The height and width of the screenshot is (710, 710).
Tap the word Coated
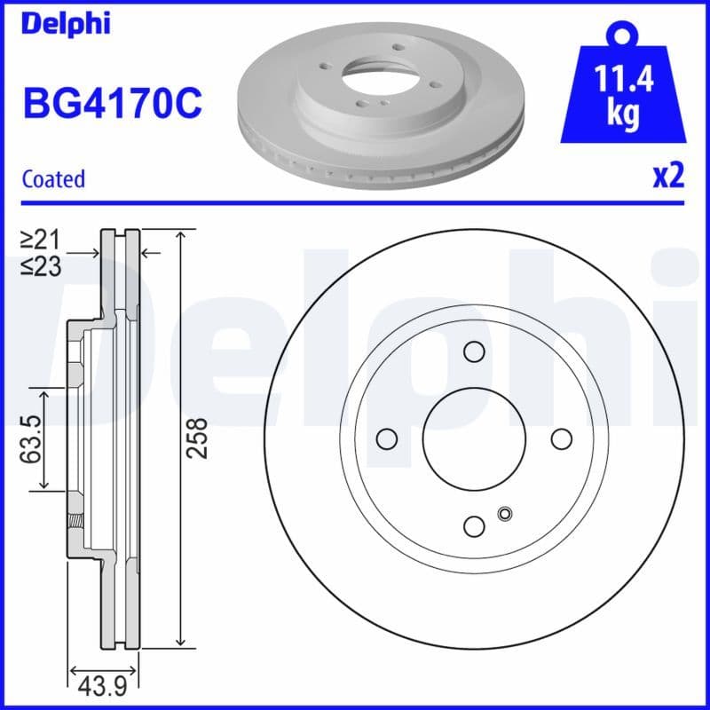53,178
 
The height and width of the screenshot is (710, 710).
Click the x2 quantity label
667,176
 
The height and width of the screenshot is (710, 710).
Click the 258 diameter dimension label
201,438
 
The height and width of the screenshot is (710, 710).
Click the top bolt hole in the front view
474,352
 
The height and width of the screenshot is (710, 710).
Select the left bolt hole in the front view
386,439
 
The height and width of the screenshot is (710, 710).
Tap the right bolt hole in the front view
561,439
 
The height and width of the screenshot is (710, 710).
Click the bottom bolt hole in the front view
474,526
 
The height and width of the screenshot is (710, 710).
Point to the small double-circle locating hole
506,513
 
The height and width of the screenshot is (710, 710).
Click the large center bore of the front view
474,439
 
